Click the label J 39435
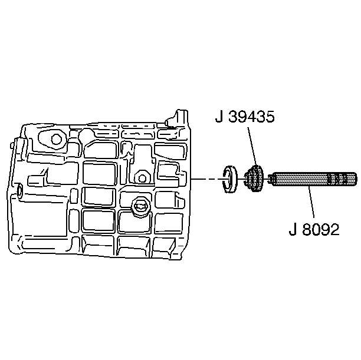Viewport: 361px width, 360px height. click(245, 117)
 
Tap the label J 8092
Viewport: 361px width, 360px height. click(314, 229)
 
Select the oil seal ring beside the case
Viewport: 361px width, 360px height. click(229, 179)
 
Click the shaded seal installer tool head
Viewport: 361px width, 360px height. click(254, 179)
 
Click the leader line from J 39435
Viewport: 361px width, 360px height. click(252, 146)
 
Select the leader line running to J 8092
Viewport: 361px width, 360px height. click(311, 202)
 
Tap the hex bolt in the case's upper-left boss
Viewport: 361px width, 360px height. click(56, 139)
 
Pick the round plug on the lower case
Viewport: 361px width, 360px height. click(140, 206)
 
